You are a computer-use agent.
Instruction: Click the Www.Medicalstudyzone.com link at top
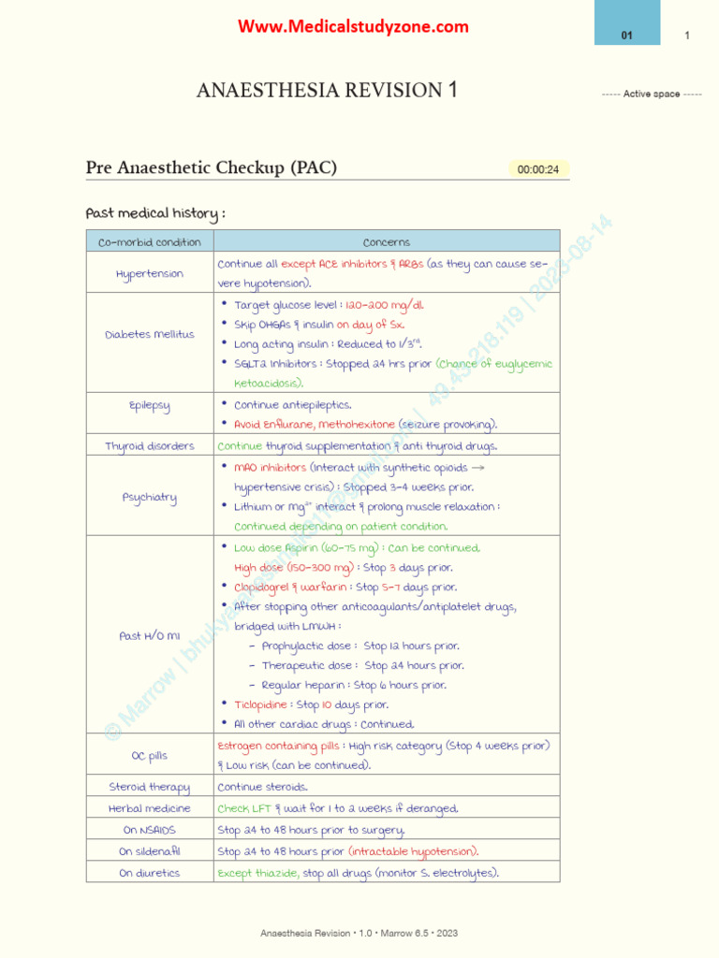point(353,27)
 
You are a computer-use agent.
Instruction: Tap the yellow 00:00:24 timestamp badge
point(538,169)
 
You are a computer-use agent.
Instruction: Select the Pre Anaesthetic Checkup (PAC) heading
point(212,168)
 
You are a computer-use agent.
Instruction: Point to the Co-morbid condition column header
point(150,242)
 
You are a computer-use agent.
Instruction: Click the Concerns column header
point(386,242)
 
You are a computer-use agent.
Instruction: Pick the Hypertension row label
point(150,274)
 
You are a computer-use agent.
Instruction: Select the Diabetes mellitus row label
point(150,334)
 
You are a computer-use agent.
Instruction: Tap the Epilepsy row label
point(150,405)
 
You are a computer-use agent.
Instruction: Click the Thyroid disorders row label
point(150,446)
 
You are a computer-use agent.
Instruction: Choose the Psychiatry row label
point(150,497)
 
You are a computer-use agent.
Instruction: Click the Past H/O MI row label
point(150,635)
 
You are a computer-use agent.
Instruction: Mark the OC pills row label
point(150,755)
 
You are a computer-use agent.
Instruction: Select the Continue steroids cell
point(262,787)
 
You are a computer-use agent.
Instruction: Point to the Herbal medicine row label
point(150,808)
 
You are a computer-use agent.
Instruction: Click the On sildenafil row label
point(150,851)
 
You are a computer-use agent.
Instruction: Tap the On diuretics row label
point(150,873)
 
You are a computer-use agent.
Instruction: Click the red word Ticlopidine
point(259,704)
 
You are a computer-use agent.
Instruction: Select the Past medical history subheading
point(155,213)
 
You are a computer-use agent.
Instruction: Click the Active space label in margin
point(652,94)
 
